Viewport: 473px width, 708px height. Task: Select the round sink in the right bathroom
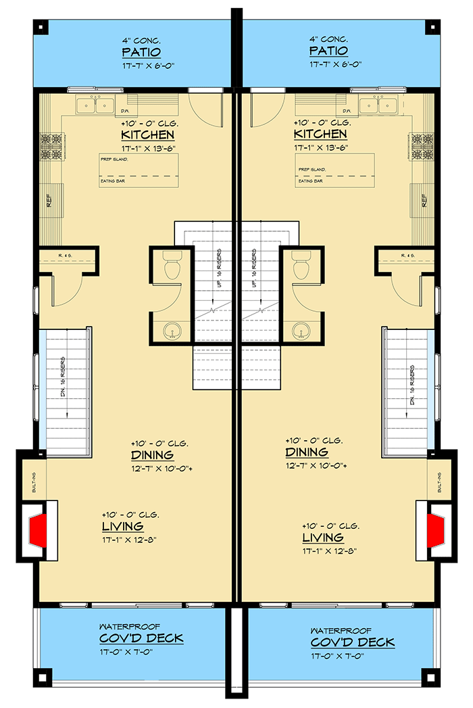click(300, 331)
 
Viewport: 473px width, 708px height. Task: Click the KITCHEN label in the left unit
click(147, 136)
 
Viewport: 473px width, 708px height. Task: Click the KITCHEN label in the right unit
click(321, 136)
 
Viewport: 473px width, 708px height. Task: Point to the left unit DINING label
click(152, 455)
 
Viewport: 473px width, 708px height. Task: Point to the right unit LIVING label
click(322, 538)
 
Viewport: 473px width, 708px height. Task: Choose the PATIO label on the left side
click(141, 52)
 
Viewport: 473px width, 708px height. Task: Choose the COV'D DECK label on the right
click(353, 642)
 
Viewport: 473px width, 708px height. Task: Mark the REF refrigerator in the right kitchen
click(423, 200)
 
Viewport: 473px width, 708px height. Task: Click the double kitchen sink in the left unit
click(95, 105)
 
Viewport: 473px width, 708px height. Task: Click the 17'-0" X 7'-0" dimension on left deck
click(141, 652)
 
